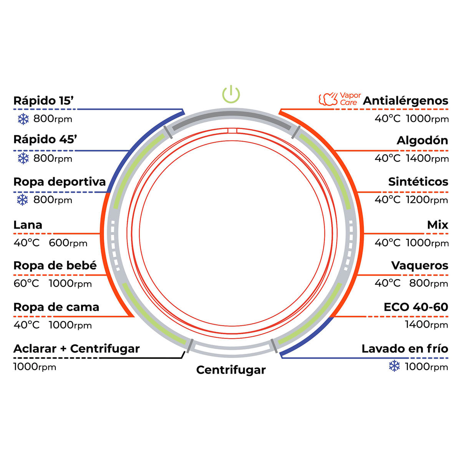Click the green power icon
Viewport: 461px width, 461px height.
pos(231,95)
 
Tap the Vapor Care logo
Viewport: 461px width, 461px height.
pos(340,99)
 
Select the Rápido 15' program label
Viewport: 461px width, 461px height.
pos(43,101)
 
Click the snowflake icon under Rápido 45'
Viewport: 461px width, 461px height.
pos(23,158)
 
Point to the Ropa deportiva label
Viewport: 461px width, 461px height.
pos(60,182)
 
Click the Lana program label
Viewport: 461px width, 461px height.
pos(28,225)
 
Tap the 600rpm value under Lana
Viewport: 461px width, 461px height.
pos(68,243)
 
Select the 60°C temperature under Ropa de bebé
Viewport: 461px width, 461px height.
pos(26,284)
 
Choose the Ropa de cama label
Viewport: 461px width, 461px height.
pos(56,307)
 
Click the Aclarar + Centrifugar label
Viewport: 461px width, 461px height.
pos(76,349)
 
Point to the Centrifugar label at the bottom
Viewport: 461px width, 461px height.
pos(231,370)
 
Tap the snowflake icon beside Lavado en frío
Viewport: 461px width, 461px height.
pos(394,366)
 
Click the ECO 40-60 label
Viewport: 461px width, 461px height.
pos(416,307)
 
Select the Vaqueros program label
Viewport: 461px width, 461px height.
pos(420,266)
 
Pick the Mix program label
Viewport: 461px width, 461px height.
pos(438,225)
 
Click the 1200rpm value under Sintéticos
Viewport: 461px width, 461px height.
pos(427,200)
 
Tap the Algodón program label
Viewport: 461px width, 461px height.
pos(422,141)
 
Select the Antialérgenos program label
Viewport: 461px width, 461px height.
pos(405,101)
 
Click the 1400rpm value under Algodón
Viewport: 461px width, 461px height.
pos(427,158)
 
